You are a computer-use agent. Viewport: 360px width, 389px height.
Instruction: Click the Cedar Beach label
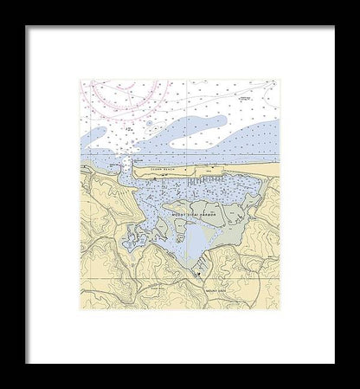click(163, 170)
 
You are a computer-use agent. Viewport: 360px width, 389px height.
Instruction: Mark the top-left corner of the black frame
click(26, 26)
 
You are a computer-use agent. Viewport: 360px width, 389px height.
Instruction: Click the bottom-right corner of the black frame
click(334, 362)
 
